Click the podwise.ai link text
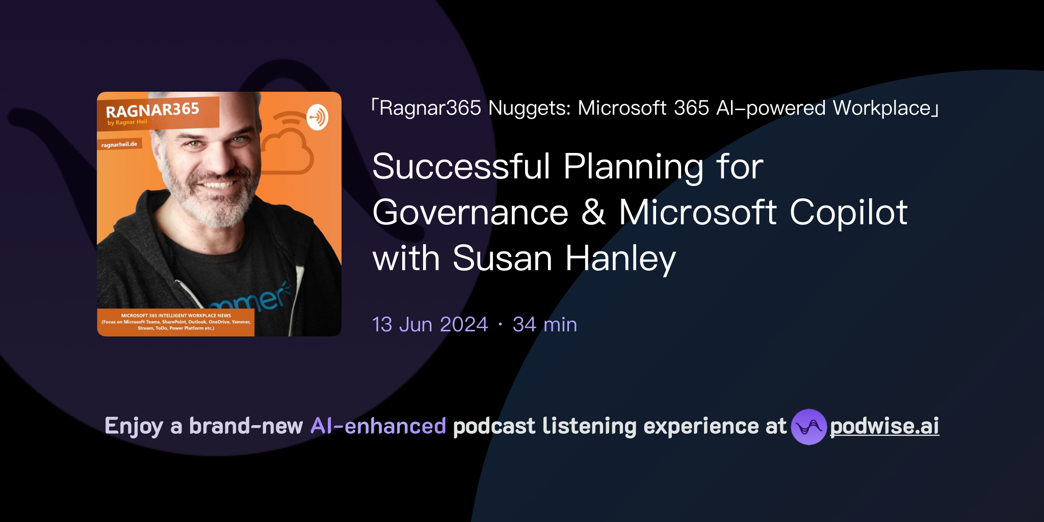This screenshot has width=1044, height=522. click(884, 426)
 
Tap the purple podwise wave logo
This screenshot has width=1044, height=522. click(808, 427)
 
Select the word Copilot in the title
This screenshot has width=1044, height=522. click(848, 212)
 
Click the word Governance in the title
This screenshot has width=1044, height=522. click(470, 212)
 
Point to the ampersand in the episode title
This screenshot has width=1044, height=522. click(593, 212)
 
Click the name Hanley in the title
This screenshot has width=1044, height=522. click(620, 258)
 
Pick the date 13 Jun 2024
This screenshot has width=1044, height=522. click(430, 325)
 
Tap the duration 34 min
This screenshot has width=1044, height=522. click(544, 325)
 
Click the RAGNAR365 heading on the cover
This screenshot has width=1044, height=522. click(152, 110)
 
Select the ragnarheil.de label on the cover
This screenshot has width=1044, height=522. click(119, 145)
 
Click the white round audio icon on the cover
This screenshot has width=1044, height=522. click(317, 117)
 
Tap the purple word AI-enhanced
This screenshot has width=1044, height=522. click(378, 426)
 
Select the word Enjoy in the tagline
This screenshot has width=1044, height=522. click(134, 426)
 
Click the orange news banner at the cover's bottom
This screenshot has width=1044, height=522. click(176, 322)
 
